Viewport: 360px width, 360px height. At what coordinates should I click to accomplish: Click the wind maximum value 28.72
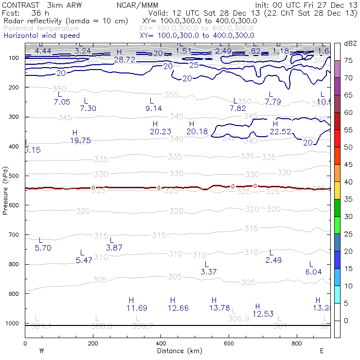point(125,59)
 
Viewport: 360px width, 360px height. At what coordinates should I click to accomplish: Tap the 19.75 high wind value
point(80,141)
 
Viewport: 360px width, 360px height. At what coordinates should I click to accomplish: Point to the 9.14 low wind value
point(154,108)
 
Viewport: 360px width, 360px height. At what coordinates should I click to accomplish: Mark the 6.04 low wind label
point(313,272)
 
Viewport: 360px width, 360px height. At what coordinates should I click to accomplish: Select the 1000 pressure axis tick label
point(12,324)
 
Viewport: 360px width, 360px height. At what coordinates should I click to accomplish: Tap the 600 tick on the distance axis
point(229,343)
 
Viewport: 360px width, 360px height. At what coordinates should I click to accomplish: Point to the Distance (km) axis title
point(177,351)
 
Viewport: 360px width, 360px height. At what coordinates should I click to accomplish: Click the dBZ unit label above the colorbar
point(350,44)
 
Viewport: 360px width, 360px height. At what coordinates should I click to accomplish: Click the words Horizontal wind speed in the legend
point(42,36)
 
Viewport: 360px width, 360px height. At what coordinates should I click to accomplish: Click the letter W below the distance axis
point(41,351)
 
